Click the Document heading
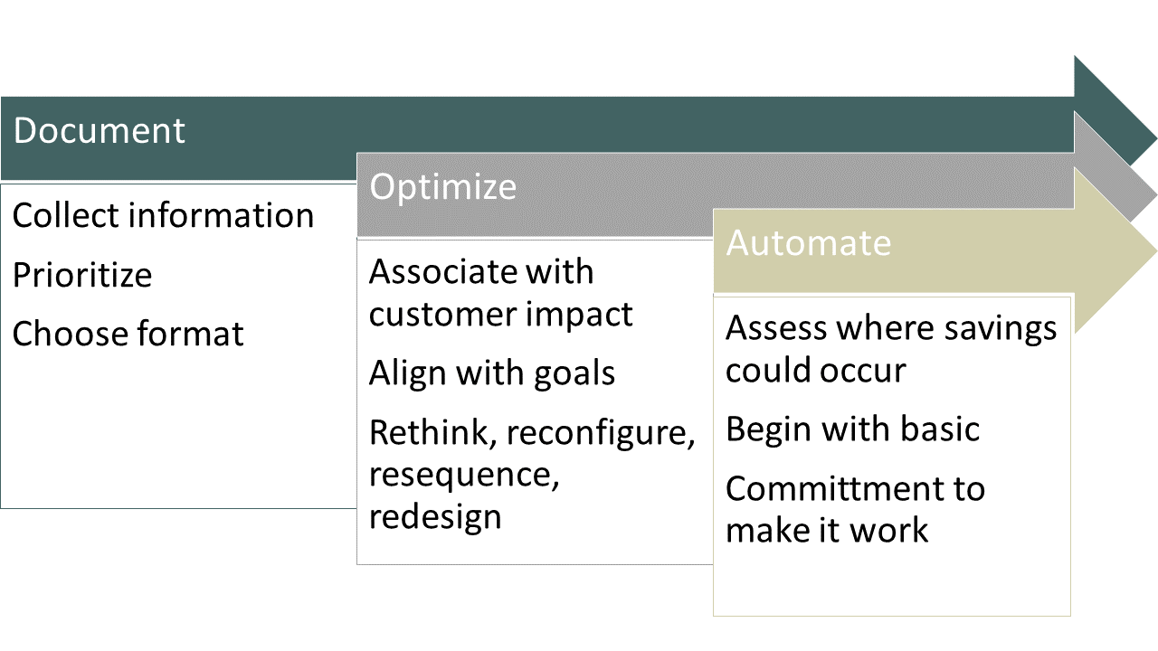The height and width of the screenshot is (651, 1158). coord(100,130)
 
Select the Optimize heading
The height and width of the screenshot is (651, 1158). coord(443,186)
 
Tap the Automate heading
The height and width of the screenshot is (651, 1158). coord(809,242)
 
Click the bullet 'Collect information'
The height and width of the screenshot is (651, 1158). coord(164,215)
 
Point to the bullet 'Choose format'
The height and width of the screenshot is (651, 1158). coord(128,334)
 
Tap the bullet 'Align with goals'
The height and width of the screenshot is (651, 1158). coord(492,373)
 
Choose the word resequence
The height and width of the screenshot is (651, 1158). coord(464,475)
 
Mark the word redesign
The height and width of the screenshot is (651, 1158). coord(435,516)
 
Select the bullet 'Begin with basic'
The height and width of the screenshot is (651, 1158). coord(852,429)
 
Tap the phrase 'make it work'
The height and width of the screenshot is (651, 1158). coord(827,530)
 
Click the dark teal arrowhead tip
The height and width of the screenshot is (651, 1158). coord(1156,139)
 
